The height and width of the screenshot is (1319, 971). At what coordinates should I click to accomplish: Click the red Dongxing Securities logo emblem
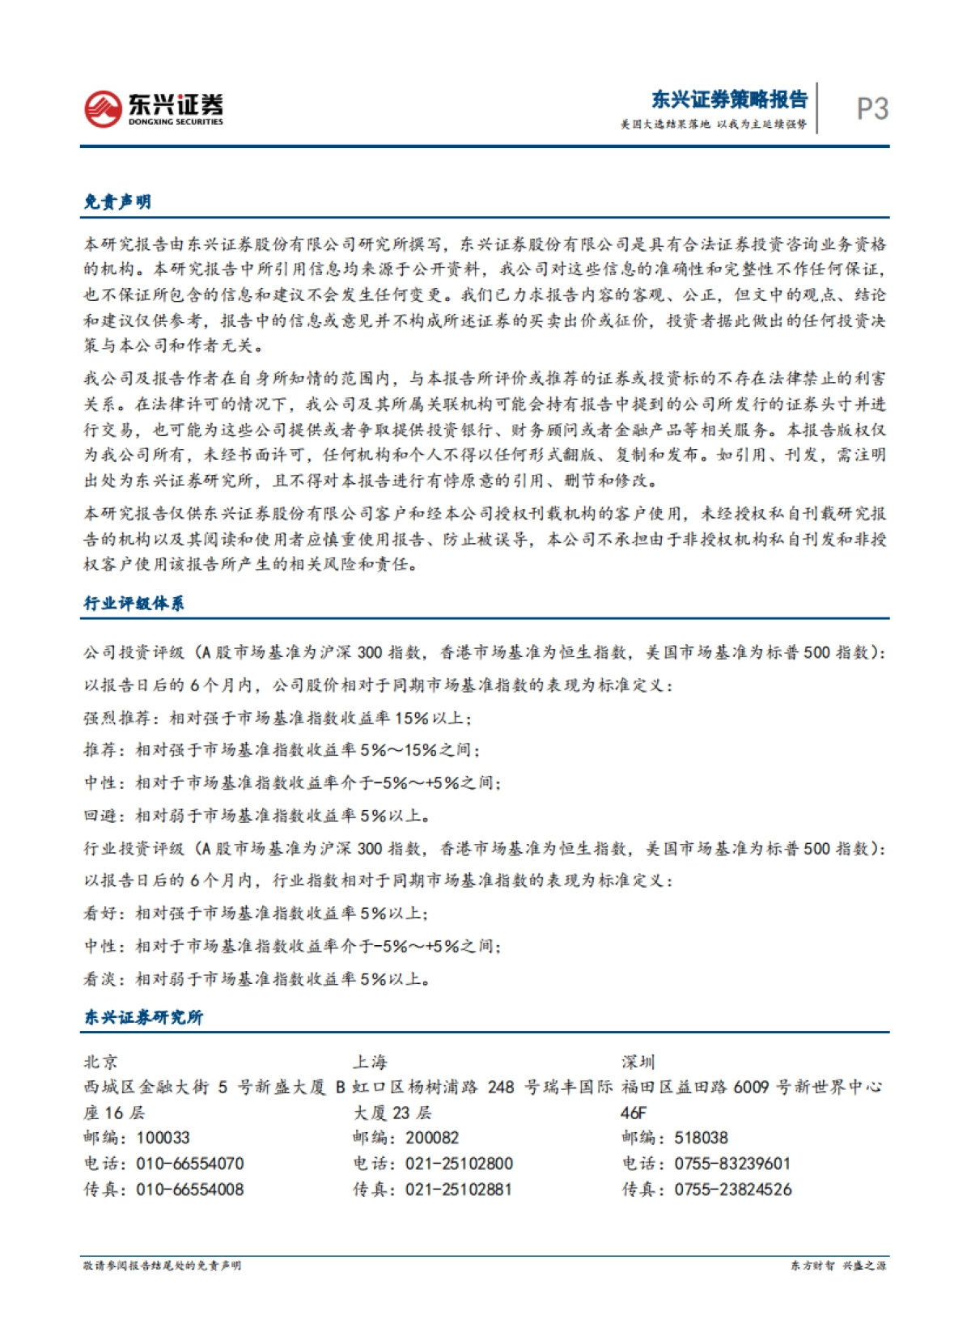(103, 108)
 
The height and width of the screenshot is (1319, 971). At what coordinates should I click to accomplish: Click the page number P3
(871, 109)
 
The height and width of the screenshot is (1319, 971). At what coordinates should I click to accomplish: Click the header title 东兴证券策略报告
(729, 100)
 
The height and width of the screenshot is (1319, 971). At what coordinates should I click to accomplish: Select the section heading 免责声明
(118, 201)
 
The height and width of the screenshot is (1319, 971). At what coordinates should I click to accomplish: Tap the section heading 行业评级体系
(134, 604)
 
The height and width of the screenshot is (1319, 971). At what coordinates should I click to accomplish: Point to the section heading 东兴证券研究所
(143, 1017)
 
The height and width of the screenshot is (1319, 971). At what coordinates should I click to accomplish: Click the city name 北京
(101, 1062)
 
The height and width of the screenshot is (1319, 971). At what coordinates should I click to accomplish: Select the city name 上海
(370, 1062)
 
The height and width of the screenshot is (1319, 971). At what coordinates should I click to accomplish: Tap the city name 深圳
(638, 1062)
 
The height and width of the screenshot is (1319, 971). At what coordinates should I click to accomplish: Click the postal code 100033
(163, 1138)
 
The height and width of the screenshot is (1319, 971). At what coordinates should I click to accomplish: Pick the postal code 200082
(432, 1138)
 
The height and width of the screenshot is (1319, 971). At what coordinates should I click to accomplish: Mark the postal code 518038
(701, 1138)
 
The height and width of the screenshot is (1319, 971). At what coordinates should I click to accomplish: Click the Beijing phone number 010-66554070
(189, 1164)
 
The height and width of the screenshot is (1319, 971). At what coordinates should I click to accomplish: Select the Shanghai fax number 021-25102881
(458, 1190)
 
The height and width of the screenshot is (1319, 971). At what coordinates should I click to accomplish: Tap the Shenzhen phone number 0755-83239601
(731, 1164)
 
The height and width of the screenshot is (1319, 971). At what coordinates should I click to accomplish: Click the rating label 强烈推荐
(117, 718)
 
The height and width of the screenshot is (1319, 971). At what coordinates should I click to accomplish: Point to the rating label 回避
(100, 816)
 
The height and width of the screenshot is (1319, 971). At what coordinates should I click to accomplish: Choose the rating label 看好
(100, 914)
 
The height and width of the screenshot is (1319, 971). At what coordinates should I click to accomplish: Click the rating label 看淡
(100, 979)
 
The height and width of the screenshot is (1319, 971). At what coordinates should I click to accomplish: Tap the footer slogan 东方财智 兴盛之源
(837, 1266)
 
